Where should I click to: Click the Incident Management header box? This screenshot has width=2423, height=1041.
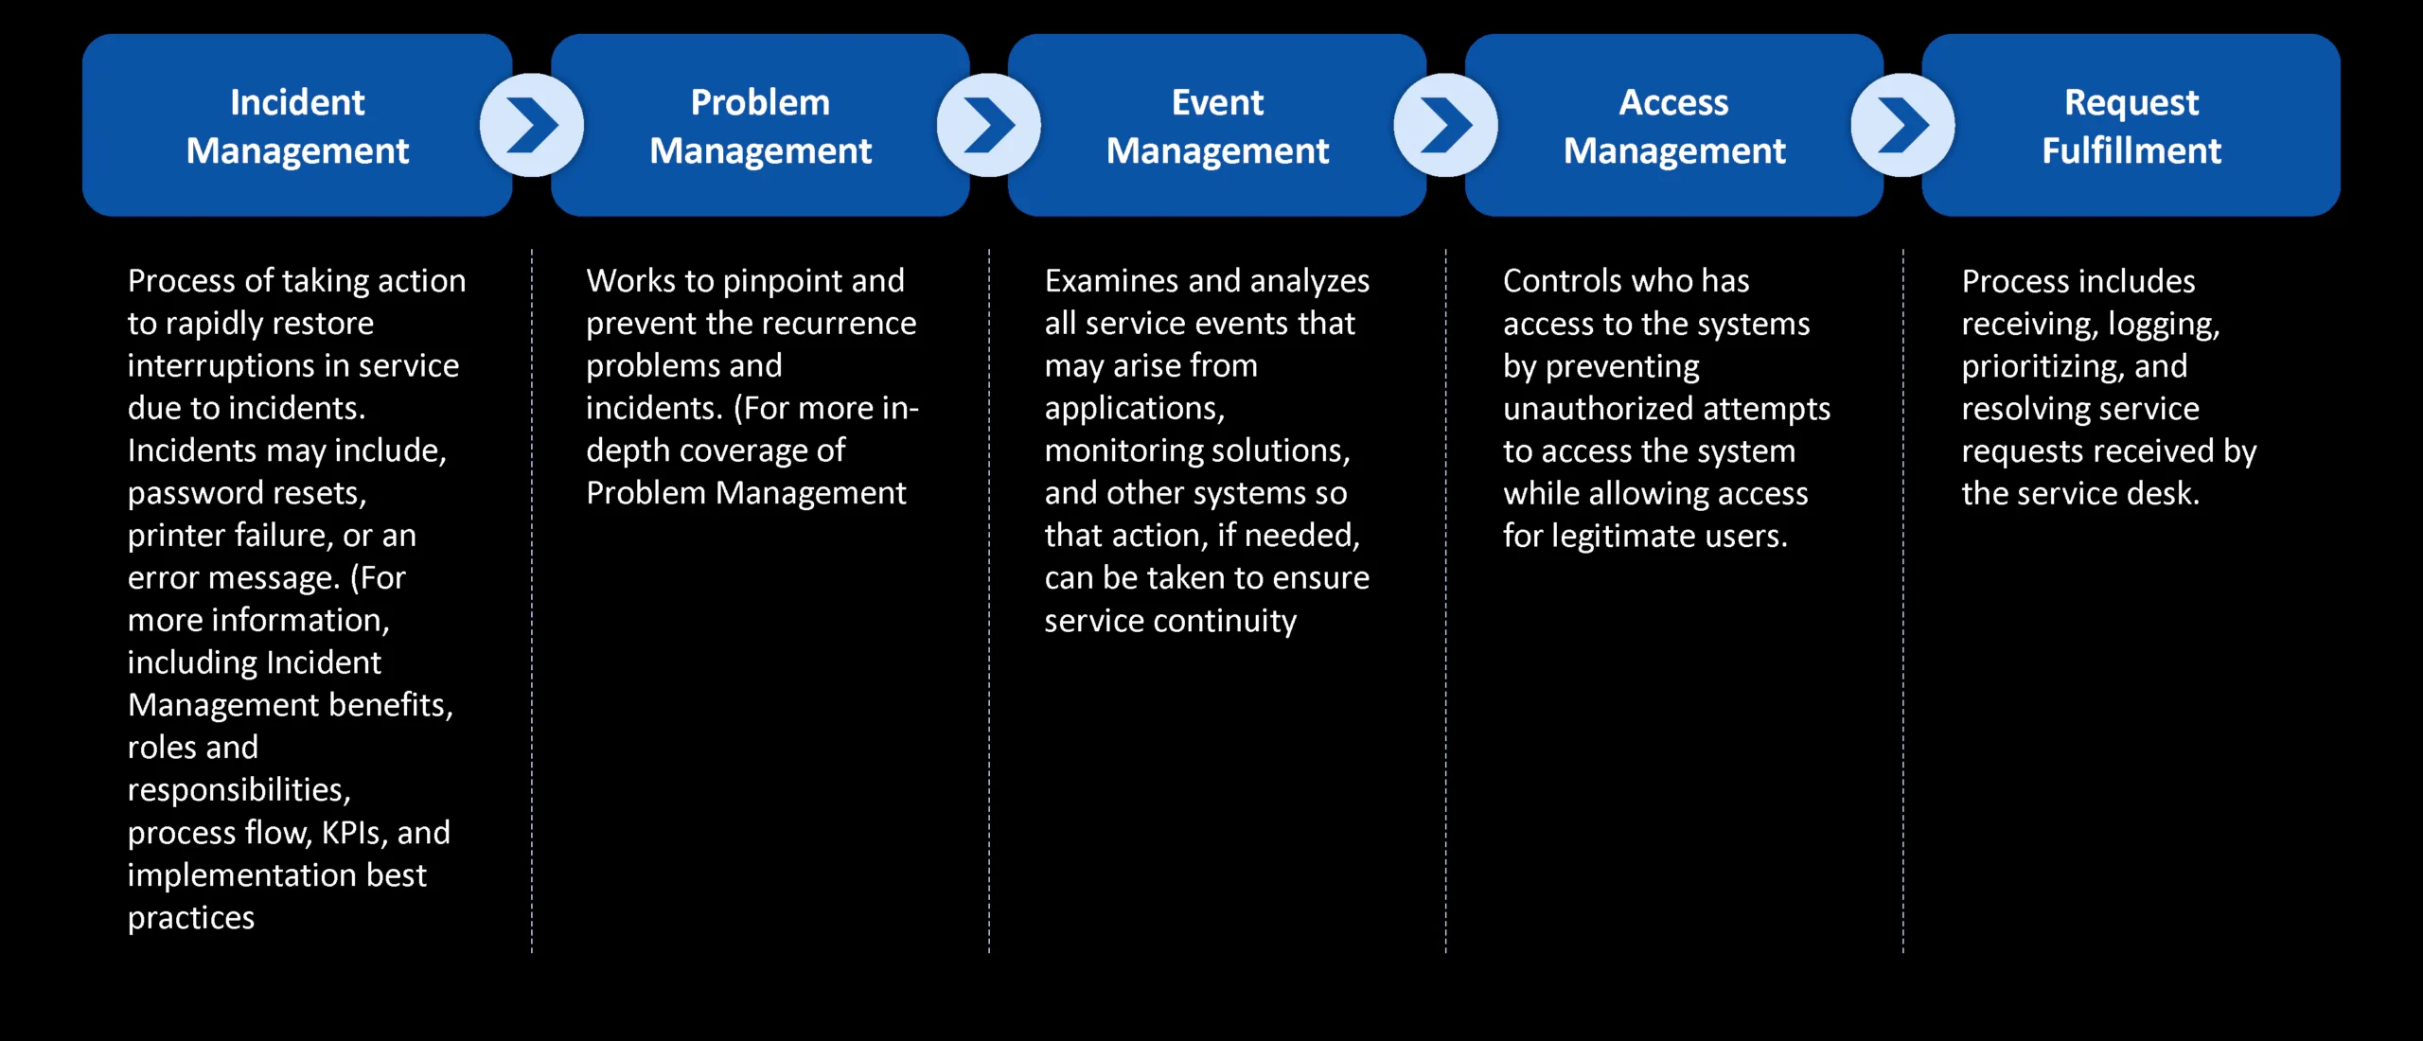click(x=297, y=125)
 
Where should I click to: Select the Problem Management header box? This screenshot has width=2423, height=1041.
click(x=760, y=125)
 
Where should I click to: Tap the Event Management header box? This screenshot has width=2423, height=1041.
click(x=1217, y=125)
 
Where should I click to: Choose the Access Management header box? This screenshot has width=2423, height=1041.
click(x=1674, y=125)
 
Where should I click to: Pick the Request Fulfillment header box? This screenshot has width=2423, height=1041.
click(x=2131, y=125)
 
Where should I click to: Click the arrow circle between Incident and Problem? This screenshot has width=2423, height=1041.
click(x=532, y=125)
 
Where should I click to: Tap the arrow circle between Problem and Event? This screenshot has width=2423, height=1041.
click(x=989, y=125)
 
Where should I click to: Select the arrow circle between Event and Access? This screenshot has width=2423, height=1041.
click(x=1446, y=125)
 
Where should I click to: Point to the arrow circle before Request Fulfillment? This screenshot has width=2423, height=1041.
click(x=1903, y=125)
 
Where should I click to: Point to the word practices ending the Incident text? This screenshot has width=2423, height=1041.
click(x=191, y=918)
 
